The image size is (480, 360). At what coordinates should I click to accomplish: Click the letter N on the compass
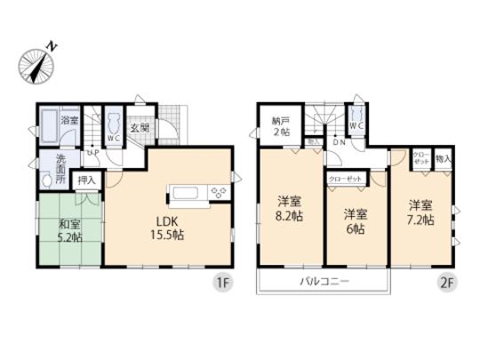tap(52, 43)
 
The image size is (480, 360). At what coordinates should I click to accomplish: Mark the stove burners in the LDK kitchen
tap(218, 191)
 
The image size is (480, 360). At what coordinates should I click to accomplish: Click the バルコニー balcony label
tap(323, 282)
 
